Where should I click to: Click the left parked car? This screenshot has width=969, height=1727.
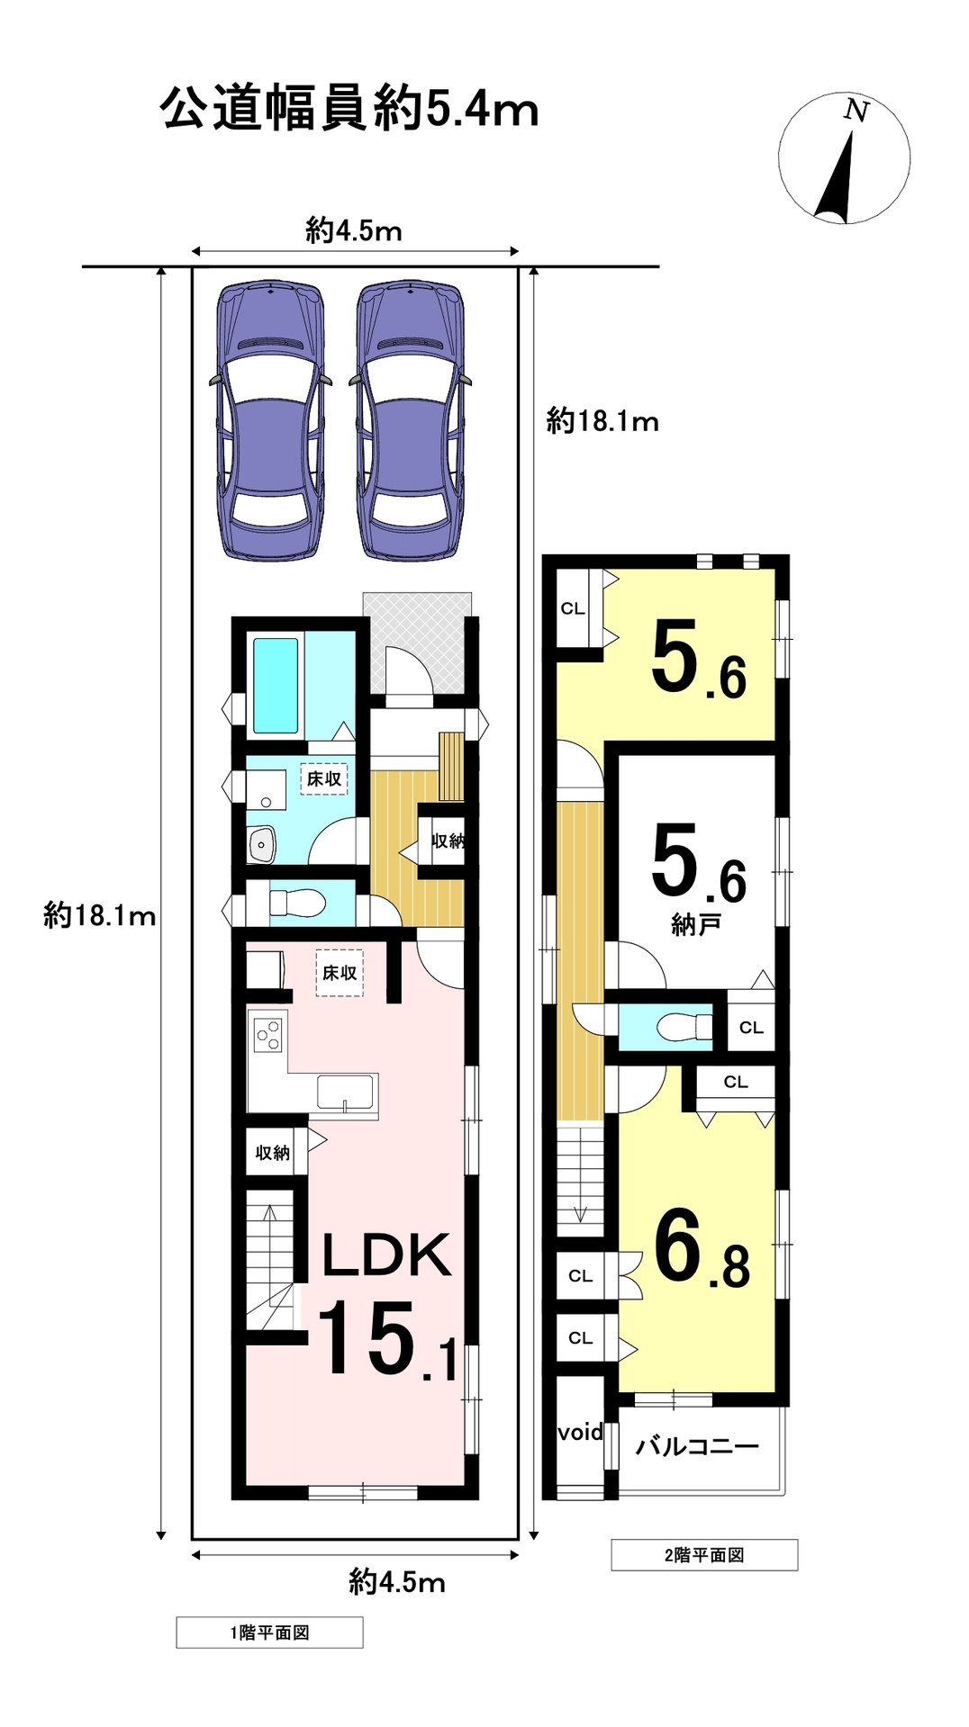(x=269, y=421)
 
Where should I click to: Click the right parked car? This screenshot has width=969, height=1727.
(x=411, y=421)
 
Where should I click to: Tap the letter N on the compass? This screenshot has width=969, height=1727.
(x=856, y=111)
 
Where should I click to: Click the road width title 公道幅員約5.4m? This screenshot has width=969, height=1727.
(x=349, y=110)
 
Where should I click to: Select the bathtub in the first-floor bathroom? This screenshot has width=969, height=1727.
(x=276, y=686)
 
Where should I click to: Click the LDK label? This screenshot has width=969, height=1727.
(x=386, y=1255)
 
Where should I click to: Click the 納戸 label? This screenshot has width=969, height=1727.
(x=695, y=924)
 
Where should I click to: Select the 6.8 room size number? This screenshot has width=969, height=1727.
(x=702, y=1248)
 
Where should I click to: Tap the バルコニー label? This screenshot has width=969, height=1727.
(x=698, y=1447)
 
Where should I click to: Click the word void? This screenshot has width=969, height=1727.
(x=580, y=1432)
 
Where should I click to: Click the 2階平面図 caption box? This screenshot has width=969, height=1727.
(x=704, y=1555)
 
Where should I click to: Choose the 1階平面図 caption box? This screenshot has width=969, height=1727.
(x=269, y=1633)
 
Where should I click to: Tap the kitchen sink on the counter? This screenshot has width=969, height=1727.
(x=346, y=1092)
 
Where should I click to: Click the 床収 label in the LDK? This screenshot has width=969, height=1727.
(x=340, y=973)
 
